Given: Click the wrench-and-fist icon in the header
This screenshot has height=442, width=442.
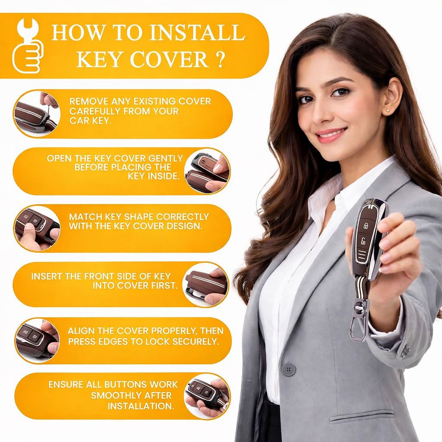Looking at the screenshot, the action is click(27, 46).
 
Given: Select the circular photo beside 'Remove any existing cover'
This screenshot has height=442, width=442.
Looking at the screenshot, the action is click(37, 114).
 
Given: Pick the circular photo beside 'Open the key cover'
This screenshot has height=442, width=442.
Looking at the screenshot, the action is click(207, 171).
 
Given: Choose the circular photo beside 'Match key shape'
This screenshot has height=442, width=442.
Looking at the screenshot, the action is click(37, 228).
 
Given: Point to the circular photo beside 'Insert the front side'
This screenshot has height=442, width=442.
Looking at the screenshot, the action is click(205, 285).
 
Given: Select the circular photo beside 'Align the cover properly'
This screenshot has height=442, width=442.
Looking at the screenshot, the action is click(37, 341).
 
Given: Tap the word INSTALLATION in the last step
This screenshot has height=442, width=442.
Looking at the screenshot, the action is click(141, 406).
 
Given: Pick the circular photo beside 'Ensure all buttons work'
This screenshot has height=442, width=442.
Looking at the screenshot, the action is click(207, 396).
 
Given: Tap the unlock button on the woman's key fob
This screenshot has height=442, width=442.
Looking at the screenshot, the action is click(363, 241).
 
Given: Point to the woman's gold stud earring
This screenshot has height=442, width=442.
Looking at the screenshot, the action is click(388, 111).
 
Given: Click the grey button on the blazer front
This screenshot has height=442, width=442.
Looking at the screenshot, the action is click(289, 369).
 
